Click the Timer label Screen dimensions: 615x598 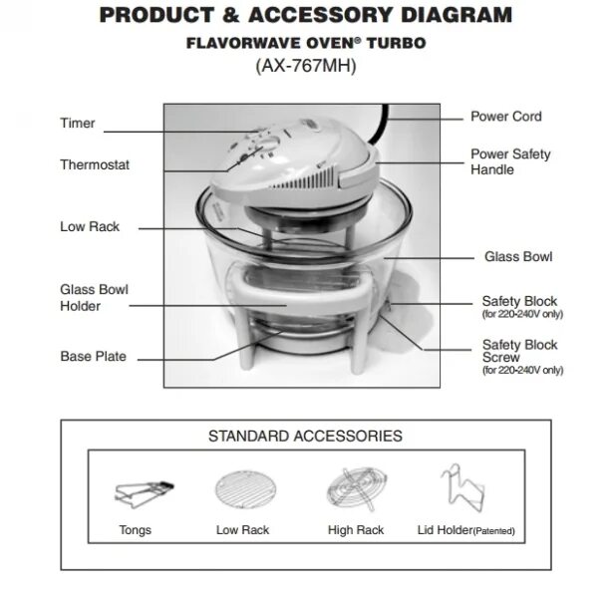click(x=78, y=124)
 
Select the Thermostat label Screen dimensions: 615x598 click(x=95, y=164)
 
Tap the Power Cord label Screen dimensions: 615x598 click(x=505, y=117)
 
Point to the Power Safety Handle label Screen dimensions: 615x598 click(x=509, y=162)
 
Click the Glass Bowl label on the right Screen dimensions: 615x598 click(x=518, y=257)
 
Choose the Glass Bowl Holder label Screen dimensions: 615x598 click(x=94, y=298)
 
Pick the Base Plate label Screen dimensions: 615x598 click(x=93, y=356)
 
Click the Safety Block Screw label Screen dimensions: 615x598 click(x=519, y=352)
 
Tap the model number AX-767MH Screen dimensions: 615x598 click(x=305, y=67)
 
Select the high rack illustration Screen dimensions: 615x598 click(x=355, y=489)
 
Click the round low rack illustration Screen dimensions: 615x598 click(x=241, y=489)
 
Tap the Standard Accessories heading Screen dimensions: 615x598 click(x=305, y=437)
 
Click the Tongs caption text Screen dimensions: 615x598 click(x=135, y=530)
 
